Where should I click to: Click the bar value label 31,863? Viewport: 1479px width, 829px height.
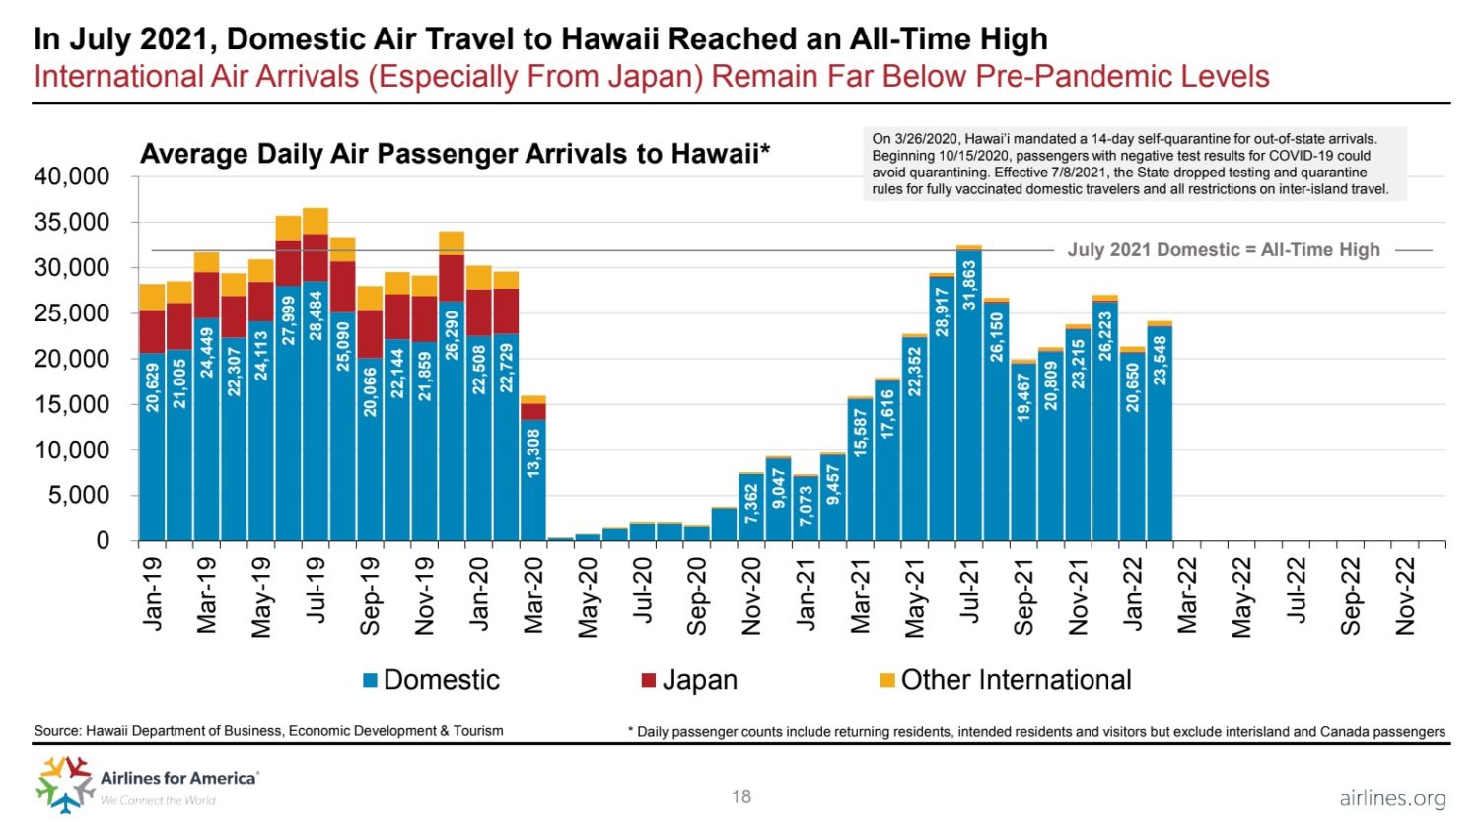click(969, 284)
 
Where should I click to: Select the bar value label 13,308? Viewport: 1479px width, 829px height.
click(533, 453)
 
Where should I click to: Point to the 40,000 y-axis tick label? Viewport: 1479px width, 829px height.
click(72, 177)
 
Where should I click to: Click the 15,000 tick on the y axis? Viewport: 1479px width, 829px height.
click(72, 404)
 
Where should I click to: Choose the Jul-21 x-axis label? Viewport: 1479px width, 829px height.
click(969, 591)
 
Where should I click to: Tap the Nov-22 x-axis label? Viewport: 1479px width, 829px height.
click(1405, 595)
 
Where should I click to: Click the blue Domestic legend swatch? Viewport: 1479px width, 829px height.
click(371, 680)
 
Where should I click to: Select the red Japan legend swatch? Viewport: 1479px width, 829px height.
click(648, 680)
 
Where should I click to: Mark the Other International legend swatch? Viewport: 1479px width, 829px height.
click(886, 680)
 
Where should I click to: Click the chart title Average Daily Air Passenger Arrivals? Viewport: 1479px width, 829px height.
click(455, 155)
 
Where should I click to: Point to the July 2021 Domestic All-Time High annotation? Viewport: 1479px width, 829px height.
click(1224, 250)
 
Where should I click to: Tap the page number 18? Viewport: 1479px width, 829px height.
click(741, 796)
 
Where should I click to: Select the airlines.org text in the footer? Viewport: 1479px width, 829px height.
click(1392, 798)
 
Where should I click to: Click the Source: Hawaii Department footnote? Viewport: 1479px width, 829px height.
click(268, 731)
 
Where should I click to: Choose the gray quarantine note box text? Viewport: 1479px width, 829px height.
click(1134, 164)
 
